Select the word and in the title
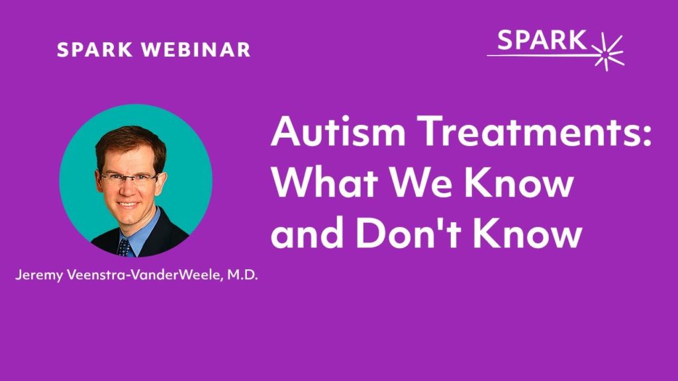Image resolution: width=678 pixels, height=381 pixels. click(304, 235)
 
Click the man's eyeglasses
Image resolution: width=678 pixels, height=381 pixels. click(129, 178)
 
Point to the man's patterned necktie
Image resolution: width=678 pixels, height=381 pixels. click(124, 246)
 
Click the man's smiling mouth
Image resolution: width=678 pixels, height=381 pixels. click(129, 204)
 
